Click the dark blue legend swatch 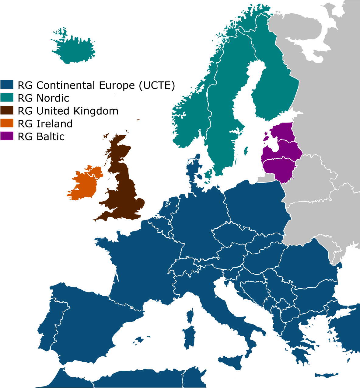pos(7,84)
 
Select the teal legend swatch pos(7,97)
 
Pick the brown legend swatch pos(7,110)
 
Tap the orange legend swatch pos(7,123)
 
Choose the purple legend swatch pos(7,136)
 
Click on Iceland pos(75,50)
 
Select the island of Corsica pos(190,316)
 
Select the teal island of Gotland pos(246,151)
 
